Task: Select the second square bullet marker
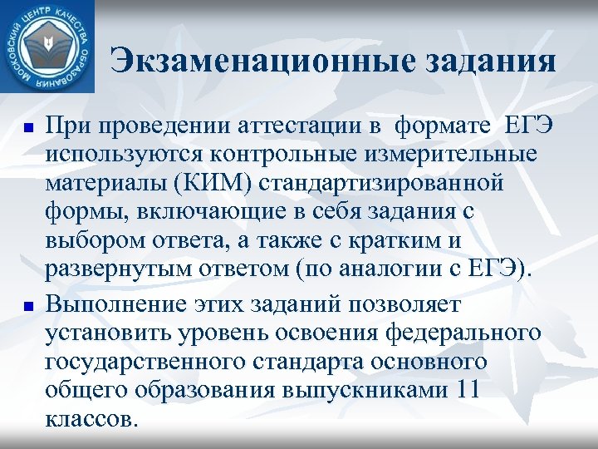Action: [28, 307]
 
